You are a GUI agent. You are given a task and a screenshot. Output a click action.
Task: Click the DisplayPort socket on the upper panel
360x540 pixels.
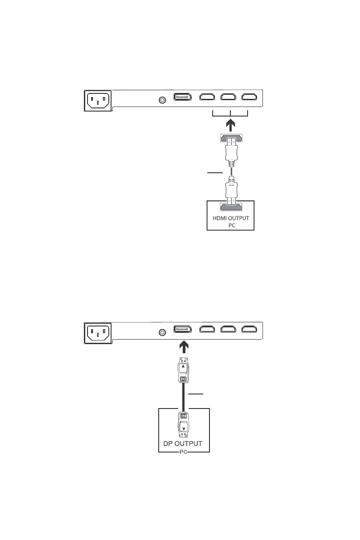pyautogui.click(x=183, y=97)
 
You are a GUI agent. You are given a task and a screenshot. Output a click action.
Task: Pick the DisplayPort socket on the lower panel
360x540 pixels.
pyautogui.click(x=183, y=331)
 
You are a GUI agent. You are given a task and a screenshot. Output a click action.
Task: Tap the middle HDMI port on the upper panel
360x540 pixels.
pyautogui.click(x=229, y=97)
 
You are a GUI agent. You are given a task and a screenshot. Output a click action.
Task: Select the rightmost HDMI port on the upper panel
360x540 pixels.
pyautogui.click(x=250, y=97)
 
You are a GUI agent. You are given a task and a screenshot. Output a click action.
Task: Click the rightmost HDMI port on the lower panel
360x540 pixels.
pyautogui.click(x=250, y=331)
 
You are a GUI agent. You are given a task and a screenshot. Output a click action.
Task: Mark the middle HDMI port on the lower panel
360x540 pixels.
pyautogui.click(x=229, y=331)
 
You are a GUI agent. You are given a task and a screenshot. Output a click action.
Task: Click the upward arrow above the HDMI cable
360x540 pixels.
pyautogui.click(x=230, y=123)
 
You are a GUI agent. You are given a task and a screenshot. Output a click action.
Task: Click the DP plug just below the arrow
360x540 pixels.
pyautogui.click(x=183, y=372)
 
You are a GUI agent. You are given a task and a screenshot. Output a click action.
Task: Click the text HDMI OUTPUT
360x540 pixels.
pyautogui.click(x=230, y=218)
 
